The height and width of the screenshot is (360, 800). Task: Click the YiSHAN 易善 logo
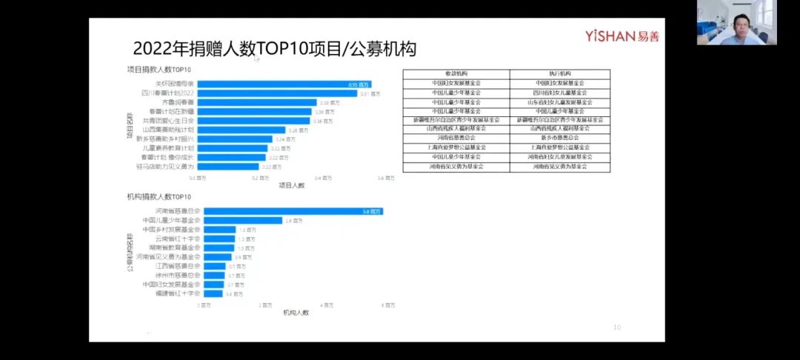point(621,36)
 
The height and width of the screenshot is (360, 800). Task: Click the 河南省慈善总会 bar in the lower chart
point(293,211)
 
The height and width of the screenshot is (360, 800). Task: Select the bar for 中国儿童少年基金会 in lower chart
point(243,220)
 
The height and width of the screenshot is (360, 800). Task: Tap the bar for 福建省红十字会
point(213,293)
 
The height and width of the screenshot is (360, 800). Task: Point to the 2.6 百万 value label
point(294,221)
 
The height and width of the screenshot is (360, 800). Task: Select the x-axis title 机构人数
point(296,313)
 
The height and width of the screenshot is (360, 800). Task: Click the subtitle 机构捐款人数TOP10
point(159,197)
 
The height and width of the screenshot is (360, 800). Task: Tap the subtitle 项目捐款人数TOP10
point(159,70)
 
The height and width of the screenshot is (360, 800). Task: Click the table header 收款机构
point(456,74)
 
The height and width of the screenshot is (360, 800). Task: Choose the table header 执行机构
point(560,74)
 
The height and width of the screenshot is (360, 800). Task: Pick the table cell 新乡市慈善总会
point(560,138)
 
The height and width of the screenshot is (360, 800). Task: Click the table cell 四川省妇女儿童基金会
point(560,93)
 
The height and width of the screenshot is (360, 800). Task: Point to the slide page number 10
point(617,327)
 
